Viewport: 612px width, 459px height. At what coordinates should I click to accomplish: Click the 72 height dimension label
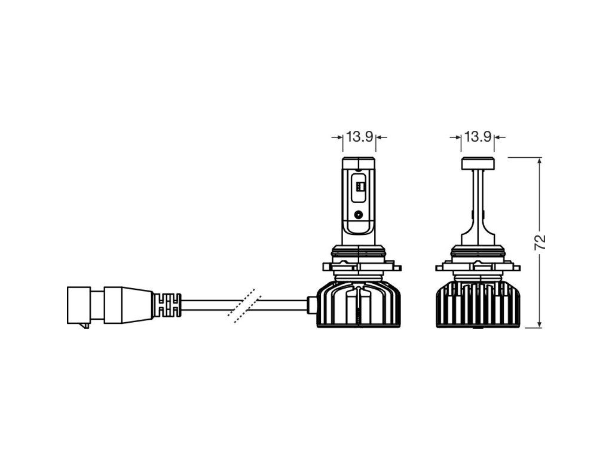click(540, 243)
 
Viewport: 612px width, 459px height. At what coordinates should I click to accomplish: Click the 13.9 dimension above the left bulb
click(359, 137)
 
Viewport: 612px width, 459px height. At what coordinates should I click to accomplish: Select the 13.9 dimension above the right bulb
click(478, 137)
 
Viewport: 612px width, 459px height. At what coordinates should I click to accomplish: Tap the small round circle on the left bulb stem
click(359, 214)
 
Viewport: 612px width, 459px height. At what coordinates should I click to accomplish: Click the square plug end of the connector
click(79, 305)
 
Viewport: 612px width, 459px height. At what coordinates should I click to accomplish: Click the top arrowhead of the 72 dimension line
click(540, 161)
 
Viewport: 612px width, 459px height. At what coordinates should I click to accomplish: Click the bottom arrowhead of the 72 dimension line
click(540, 323)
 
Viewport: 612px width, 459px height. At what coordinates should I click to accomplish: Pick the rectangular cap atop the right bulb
click(478, 163)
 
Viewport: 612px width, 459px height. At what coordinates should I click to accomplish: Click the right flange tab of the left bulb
click(397, 267)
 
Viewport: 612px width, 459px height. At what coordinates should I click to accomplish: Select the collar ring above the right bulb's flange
click(478, 253)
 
